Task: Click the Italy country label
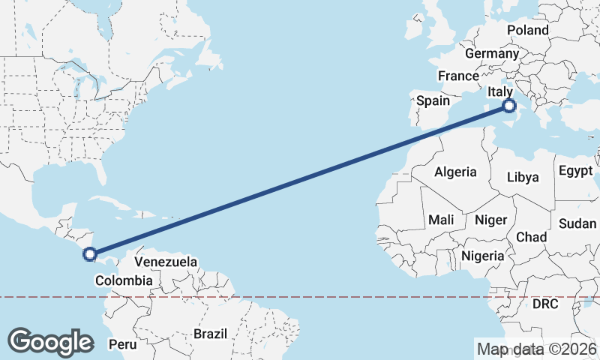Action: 501,92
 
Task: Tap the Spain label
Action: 433,100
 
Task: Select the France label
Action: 458,76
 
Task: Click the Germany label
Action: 492,54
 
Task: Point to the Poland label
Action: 528,31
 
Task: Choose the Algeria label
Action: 454,172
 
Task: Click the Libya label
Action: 523,178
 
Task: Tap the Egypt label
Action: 576,170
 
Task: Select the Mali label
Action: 441,220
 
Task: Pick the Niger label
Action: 491,220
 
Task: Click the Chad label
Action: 531,236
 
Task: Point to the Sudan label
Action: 578,223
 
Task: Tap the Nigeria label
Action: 482,256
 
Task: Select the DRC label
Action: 546,304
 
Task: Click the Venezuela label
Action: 166,262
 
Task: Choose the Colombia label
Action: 124,280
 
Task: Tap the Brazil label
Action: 209,333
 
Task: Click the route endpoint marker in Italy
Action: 509,106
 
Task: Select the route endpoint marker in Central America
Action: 90,254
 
